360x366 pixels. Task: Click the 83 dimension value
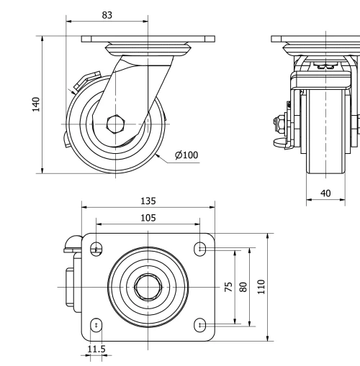(x=107, y=14)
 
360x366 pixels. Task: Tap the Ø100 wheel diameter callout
(x=186, y=154)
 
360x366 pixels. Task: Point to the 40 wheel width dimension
(x=326, y=193)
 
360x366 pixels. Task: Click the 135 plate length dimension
(x=148, y=201)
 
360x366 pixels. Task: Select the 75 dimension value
(x=228, y=288)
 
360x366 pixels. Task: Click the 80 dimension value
(x=243, y=288)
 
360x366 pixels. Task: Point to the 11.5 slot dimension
(x=95, y=349)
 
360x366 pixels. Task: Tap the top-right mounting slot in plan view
(x=200, y=249)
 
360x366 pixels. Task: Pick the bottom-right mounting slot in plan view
(x=200, y=325)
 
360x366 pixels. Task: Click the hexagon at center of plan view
(x=148, y=286)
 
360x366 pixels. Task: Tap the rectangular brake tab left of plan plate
(x=72, y=288)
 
